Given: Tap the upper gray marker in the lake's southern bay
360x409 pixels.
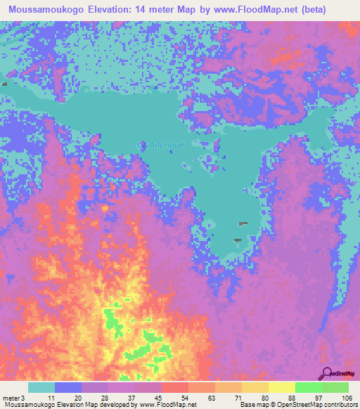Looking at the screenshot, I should pyautogui.click(x=243, y=224).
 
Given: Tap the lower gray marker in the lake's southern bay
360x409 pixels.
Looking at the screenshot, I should pyautogui.click(x=237, y=241).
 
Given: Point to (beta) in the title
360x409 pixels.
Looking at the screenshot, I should pyautogui.click(x=335, y=10).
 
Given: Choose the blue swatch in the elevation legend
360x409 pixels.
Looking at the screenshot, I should pyautogui.click(x=68, y=387).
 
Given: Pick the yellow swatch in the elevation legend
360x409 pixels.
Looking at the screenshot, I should pyautogui.click(x=282, y=387).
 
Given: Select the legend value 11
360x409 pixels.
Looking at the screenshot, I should pyautogui.click(x=50, y=398).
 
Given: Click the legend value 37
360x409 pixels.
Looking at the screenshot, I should pyautogui.click(x=131, y=398).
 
